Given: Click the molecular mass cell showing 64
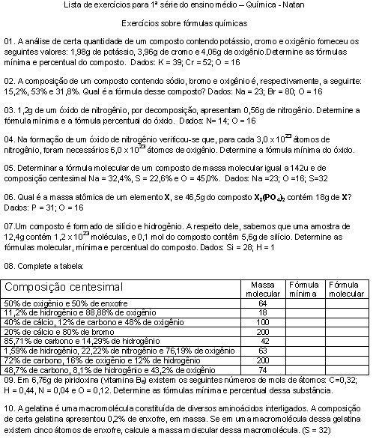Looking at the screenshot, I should click(263, 303).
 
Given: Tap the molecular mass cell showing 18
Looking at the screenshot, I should click(263, 312).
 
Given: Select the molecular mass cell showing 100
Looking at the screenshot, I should click(263, 321).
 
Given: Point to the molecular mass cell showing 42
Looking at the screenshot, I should click(263, 340).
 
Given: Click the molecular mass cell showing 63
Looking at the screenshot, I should click(263, 350).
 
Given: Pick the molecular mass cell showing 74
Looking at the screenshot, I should click(263, 369).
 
